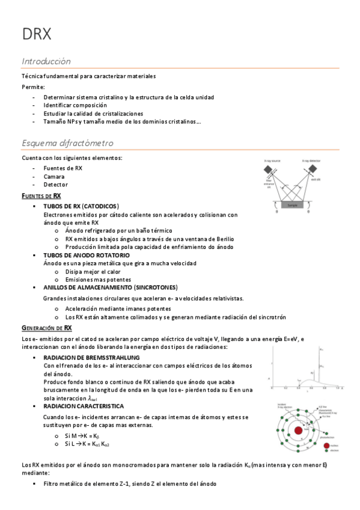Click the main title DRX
[37, 34]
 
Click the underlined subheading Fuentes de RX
[41, 195]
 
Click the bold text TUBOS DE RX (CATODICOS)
[81, 206]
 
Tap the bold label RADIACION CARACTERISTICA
[84, 407]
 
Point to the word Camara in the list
[54, 177]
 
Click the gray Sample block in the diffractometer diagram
[292, 204]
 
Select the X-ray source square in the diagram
[267, 171]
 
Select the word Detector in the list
[56, 185]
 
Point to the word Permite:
[29, 87]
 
